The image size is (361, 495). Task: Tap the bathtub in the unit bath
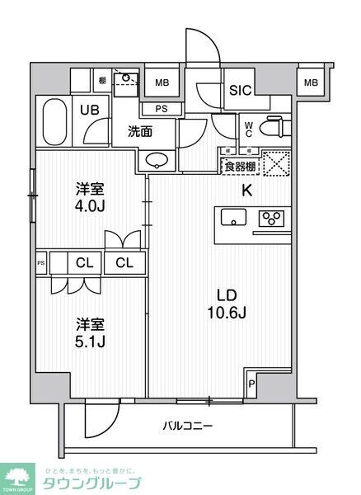tap(54, 120)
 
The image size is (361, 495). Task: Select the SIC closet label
tap(240, 92)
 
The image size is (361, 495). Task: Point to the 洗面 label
tap(138, 130)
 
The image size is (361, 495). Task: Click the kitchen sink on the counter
tap(232, 218)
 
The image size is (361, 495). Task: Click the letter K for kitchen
tap(246, 191)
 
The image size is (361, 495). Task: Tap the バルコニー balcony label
tap(186, 426)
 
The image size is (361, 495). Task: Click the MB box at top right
tap(310, 81)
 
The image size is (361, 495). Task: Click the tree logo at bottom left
tap(18, 476)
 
